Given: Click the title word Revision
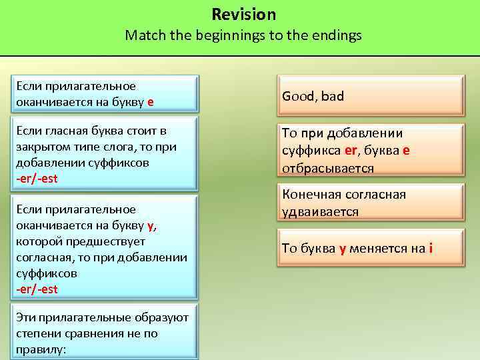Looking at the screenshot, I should click(243, 14).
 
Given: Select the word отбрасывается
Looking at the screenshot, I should click(327, 169).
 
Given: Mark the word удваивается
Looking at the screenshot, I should click(320, 211).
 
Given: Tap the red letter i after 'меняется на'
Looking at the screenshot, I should click(431, 248).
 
